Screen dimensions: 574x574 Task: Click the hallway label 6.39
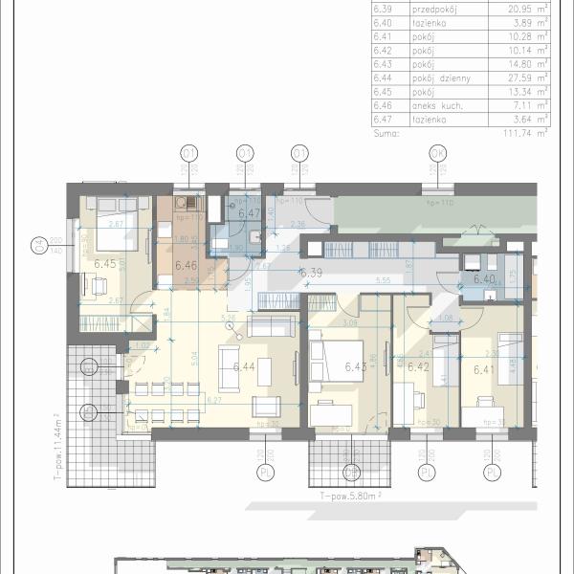(x=312, y=273)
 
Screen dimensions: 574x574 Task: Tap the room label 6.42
(x=417, y=365)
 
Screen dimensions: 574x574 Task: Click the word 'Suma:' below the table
(x=384, y=136)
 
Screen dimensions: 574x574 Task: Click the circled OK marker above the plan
(x=438, y=153)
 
